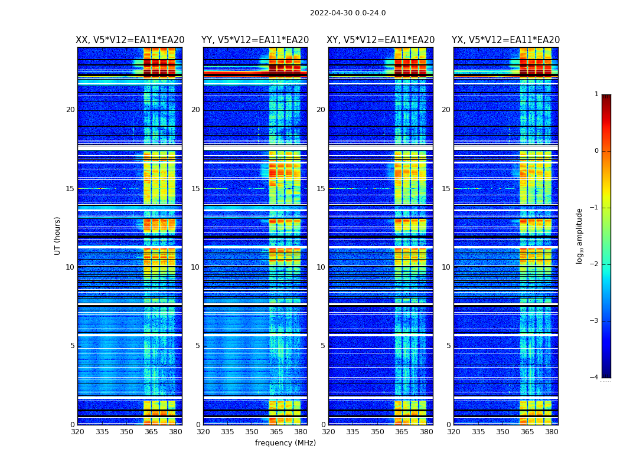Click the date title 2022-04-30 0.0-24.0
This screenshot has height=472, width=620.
click(348, 13)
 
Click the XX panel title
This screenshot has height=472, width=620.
click(130, 40)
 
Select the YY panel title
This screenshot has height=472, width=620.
click(255, 40)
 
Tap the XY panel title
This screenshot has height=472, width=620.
click(381, 40)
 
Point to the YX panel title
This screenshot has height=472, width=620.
click(506, 40)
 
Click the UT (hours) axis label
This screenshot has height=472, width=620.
click(58, 235)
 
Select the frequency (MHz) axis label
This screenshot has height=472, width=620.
click(285, 443)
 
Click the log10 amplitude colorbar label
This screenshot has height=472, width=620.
click(580, 235)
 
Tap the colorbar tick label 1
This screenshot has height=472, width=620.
click(596, 94)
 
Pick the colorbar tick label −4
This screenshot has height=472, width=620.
click(595, 378)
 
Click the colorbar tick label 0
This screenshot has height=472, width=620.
click(596, 151)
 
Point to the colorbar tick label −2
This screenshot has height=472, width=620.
click(595, 264)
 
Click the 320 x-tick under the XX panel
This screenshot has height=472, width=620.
click(77, 432)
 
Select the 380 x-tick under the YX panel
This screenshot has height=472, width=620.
click(552, 432)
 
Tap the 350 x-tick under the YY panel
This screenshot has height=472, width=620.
click(252, 432)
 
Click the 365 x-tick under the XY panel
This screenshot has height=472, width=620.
click(402, 432)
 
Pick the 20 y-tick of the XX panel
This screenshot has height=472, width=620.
click(70, 110)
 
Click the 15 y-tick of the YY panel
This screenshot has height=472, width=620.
click(195, 189)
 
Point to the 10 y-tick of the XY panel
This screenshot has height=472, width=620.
click(321, 267)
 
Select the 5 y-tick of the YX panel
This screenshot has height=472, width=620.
click(449, 346)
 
